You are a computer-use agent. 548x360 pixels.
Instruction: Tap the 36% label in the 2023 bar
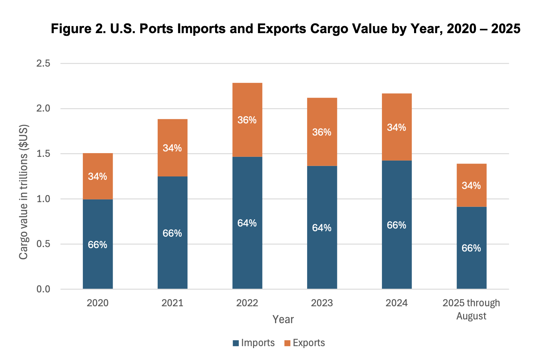pyautogui.click(x=322, y=132)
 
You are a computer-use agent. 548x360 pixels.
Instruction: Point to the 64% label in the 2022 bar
pyautogui.click(x=247, y=223)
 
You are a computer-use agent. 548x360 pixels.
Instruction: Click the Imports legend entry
pyautogui.click(x=254, y=343)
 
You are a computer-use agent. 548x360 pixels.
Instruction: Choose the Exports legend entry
pyautogui.click(x=304, y=343)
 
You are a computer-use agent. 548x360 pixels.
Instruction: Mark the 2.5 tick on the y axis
pyautogui.click(x=43, y=64)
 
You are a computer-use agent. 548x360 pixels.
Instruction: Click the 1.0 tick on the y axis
pyautogui.click(x=43, y=199)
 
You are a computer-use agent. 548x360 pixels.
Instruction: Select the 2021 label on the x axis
pyautogui.click(x=172, y=303)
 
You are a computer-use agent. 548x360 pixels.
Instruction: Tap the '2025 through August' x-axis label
pyautogui.click(x=471, y=309)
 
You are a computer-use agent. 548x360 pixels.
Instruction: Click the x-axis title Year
pyautogui.click(x=283, y=319)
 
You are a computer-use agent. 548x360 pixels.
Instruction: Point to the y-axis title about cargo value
pyautogui.click(x=23, y=192)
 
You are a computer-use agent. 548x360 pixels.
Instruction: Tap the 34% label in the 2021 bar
pyautogui.click(x=172, y=148)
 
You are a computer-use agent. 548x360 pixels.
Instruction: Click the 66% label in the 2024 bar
pyautogui.click(x=396, y=225)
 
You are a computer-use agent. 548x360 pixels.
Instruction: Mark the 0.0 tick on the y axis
pyautogui.click(x=43, y=289)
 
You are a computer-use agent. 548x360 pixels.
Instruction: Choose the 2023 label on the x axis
pyautogui.click(x=322, y=303)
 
